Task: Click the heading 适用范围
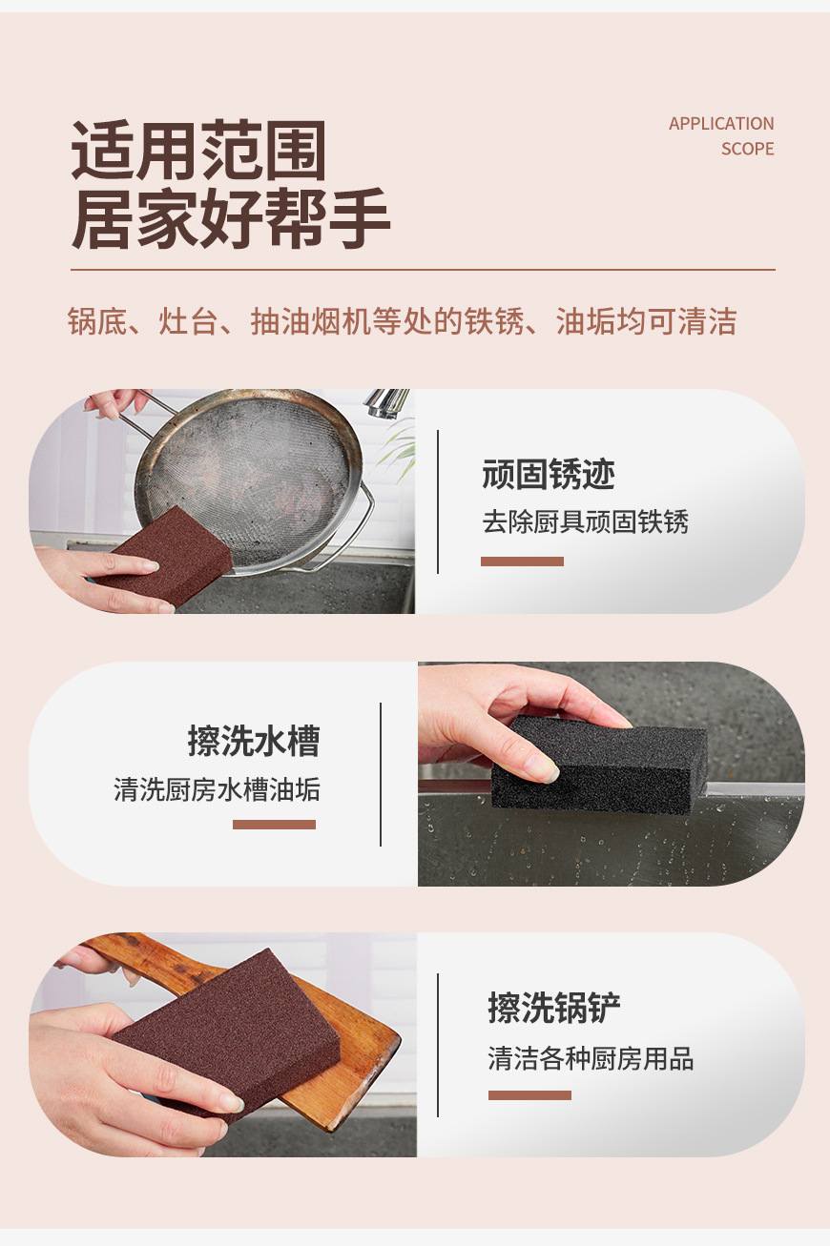click(x=198, y=151)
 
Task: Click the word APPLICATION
click(x=720, y=124)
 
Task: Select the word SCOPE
click(x=747, y=149)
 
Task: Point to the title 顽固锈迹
click(x=549, y=474)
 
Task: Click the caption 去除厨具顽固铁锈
click(x=585, y=521)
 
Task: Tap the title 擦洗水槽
click(x=253, y=741)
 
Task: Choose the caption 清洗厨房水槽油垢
click(x=217, y=789)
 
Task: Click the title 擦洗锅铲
click(x=554, y=1008)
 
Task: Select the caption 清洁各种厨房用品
click(x=591, y=1058)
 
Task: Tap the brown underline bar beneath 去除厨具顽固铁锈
click(x=522, y=562)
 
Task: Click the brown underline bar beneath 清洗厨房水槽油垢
click(x=274, y=825)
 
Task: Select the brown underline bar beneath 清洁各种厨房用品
click(x=529, y=1095)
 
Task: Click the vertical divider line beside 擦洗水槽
click(x=381, y=774)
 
